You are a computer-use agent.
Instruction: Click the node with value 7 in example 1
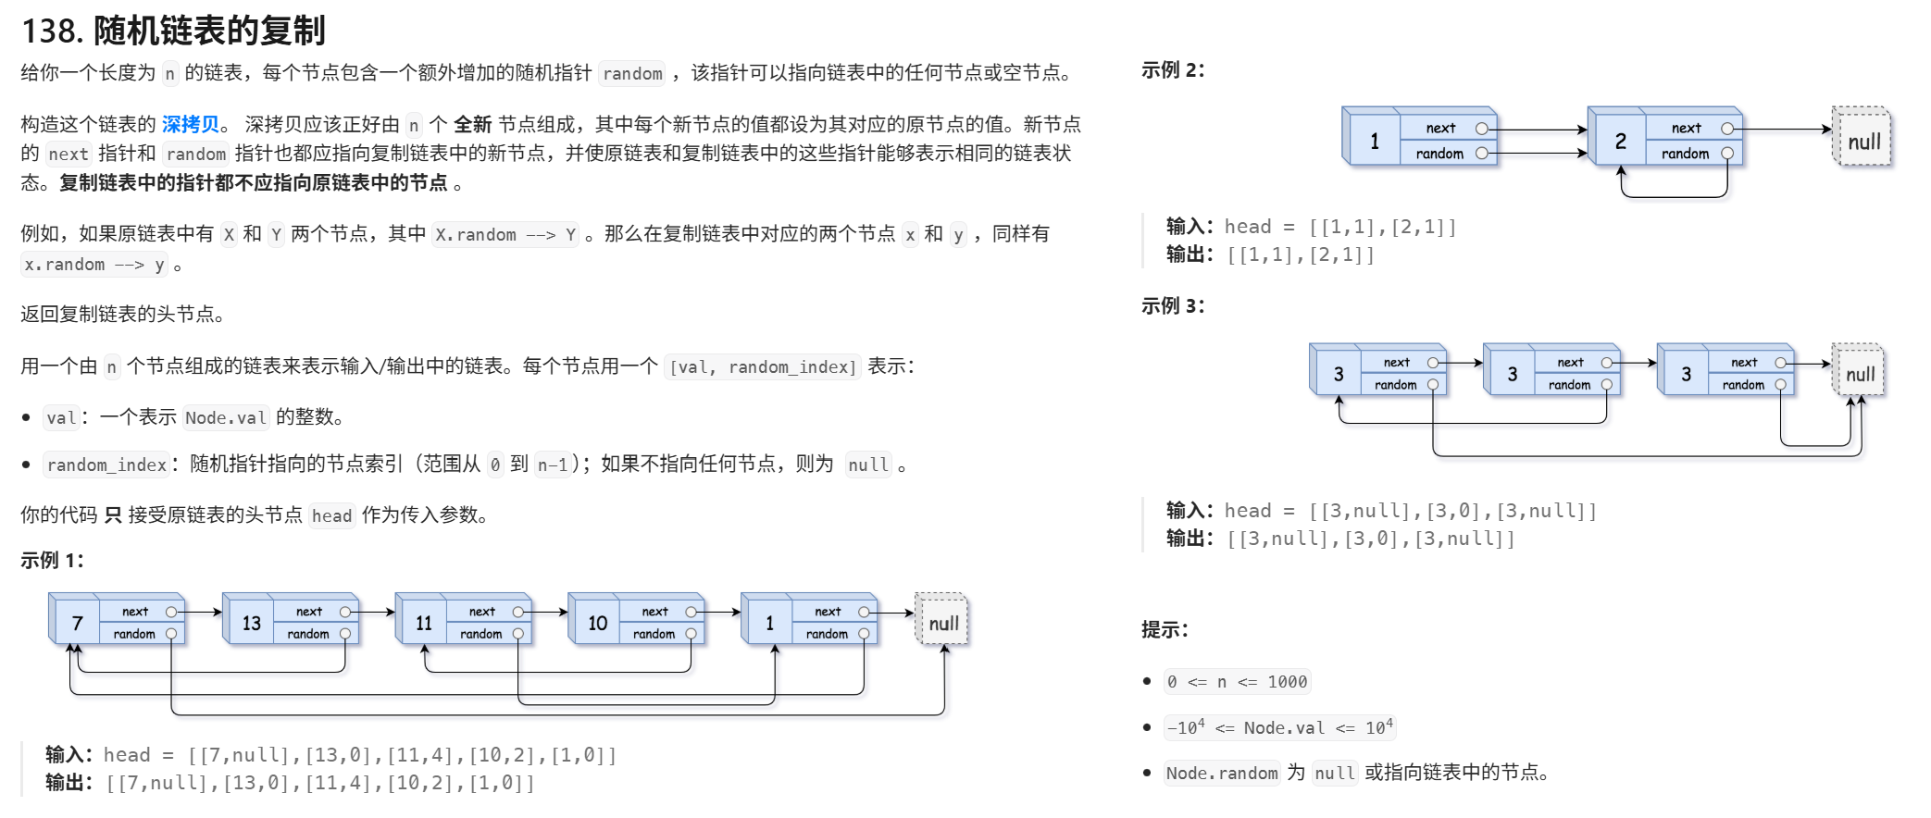click(x=77, y=623)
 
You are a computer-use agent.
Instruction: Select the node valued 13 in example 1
click(x=251, y=623)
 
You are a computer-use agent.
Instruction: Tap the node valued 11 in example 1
click(x=424, y=623)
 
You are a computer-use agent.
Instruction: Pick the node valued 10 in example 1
click(x=597, y=623)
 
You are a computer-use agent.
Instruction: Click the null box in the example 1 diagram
click(x=943, y=623)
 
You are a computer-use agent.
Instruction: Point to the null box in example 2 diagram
click(x=1863, y=142)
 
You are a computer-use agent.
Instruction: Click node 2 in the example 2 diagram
click(x=1620, y=141)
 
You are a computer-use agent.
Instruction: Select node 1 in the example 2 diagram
click(x=1375, y=141)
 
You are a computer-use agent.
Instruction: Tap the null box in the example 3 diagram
click(x=1860, y=374)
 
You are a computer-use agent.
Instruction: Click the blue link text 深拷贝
click(x=191, y=124)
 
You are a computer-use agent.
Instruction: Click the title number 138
click(x=52, y=31)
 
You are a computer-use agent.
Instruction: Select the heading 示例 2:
click(x=1173, y=70)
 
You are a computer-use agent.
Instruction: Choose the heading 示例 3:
click(x=1173, y=306)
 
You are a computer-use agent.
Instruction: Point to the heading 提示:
click(x=1165, y=630)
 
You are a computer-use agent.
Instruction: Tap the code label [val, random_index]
click(x=763, y=367)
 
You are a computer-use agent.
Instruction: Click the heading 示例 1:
click(x=52, y=561)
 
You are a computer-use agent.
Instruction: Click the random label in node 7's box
click(x=134, y=634)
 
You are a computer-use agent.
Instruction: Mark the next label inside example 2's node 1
click(x=1440, y=129)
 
